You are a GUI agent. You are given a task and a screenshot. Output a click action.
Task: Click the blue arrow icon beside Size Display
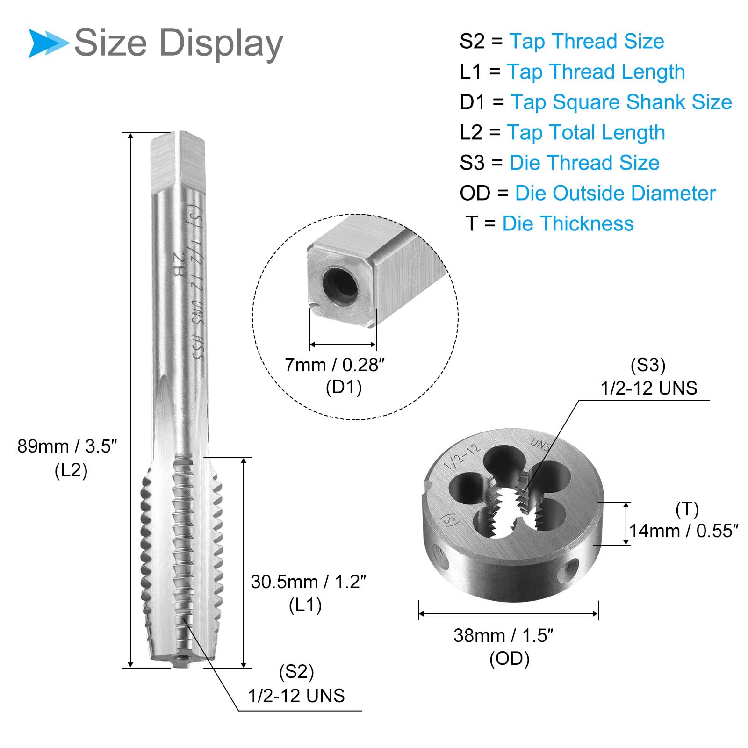coord(48,43)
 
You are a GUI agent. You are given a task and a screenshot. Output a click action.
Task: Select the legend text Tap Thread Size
coord(586,41)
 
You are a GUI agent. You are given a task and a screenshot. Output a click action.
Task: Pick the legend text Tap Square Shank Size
coord(621,102)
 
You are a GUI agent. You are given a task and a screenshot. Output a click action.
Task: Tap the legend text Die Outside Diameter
coord(615,193)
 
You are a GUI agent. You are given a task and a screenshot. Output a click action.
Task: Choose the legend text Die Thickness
coord(568,223)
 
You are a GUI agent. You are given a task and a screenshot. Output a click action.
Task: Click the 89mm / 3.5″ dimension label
coord(67,446)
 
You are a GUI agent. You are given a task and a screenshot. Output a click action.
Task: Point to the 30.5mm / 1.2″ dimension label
coord(308,582)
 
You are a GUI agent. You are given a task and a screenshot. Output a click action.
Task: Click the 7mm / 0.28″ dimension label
coord(334,365)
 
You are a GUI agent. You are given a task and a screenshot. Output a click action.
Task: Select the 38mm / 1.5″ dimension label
coord(503,636)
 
